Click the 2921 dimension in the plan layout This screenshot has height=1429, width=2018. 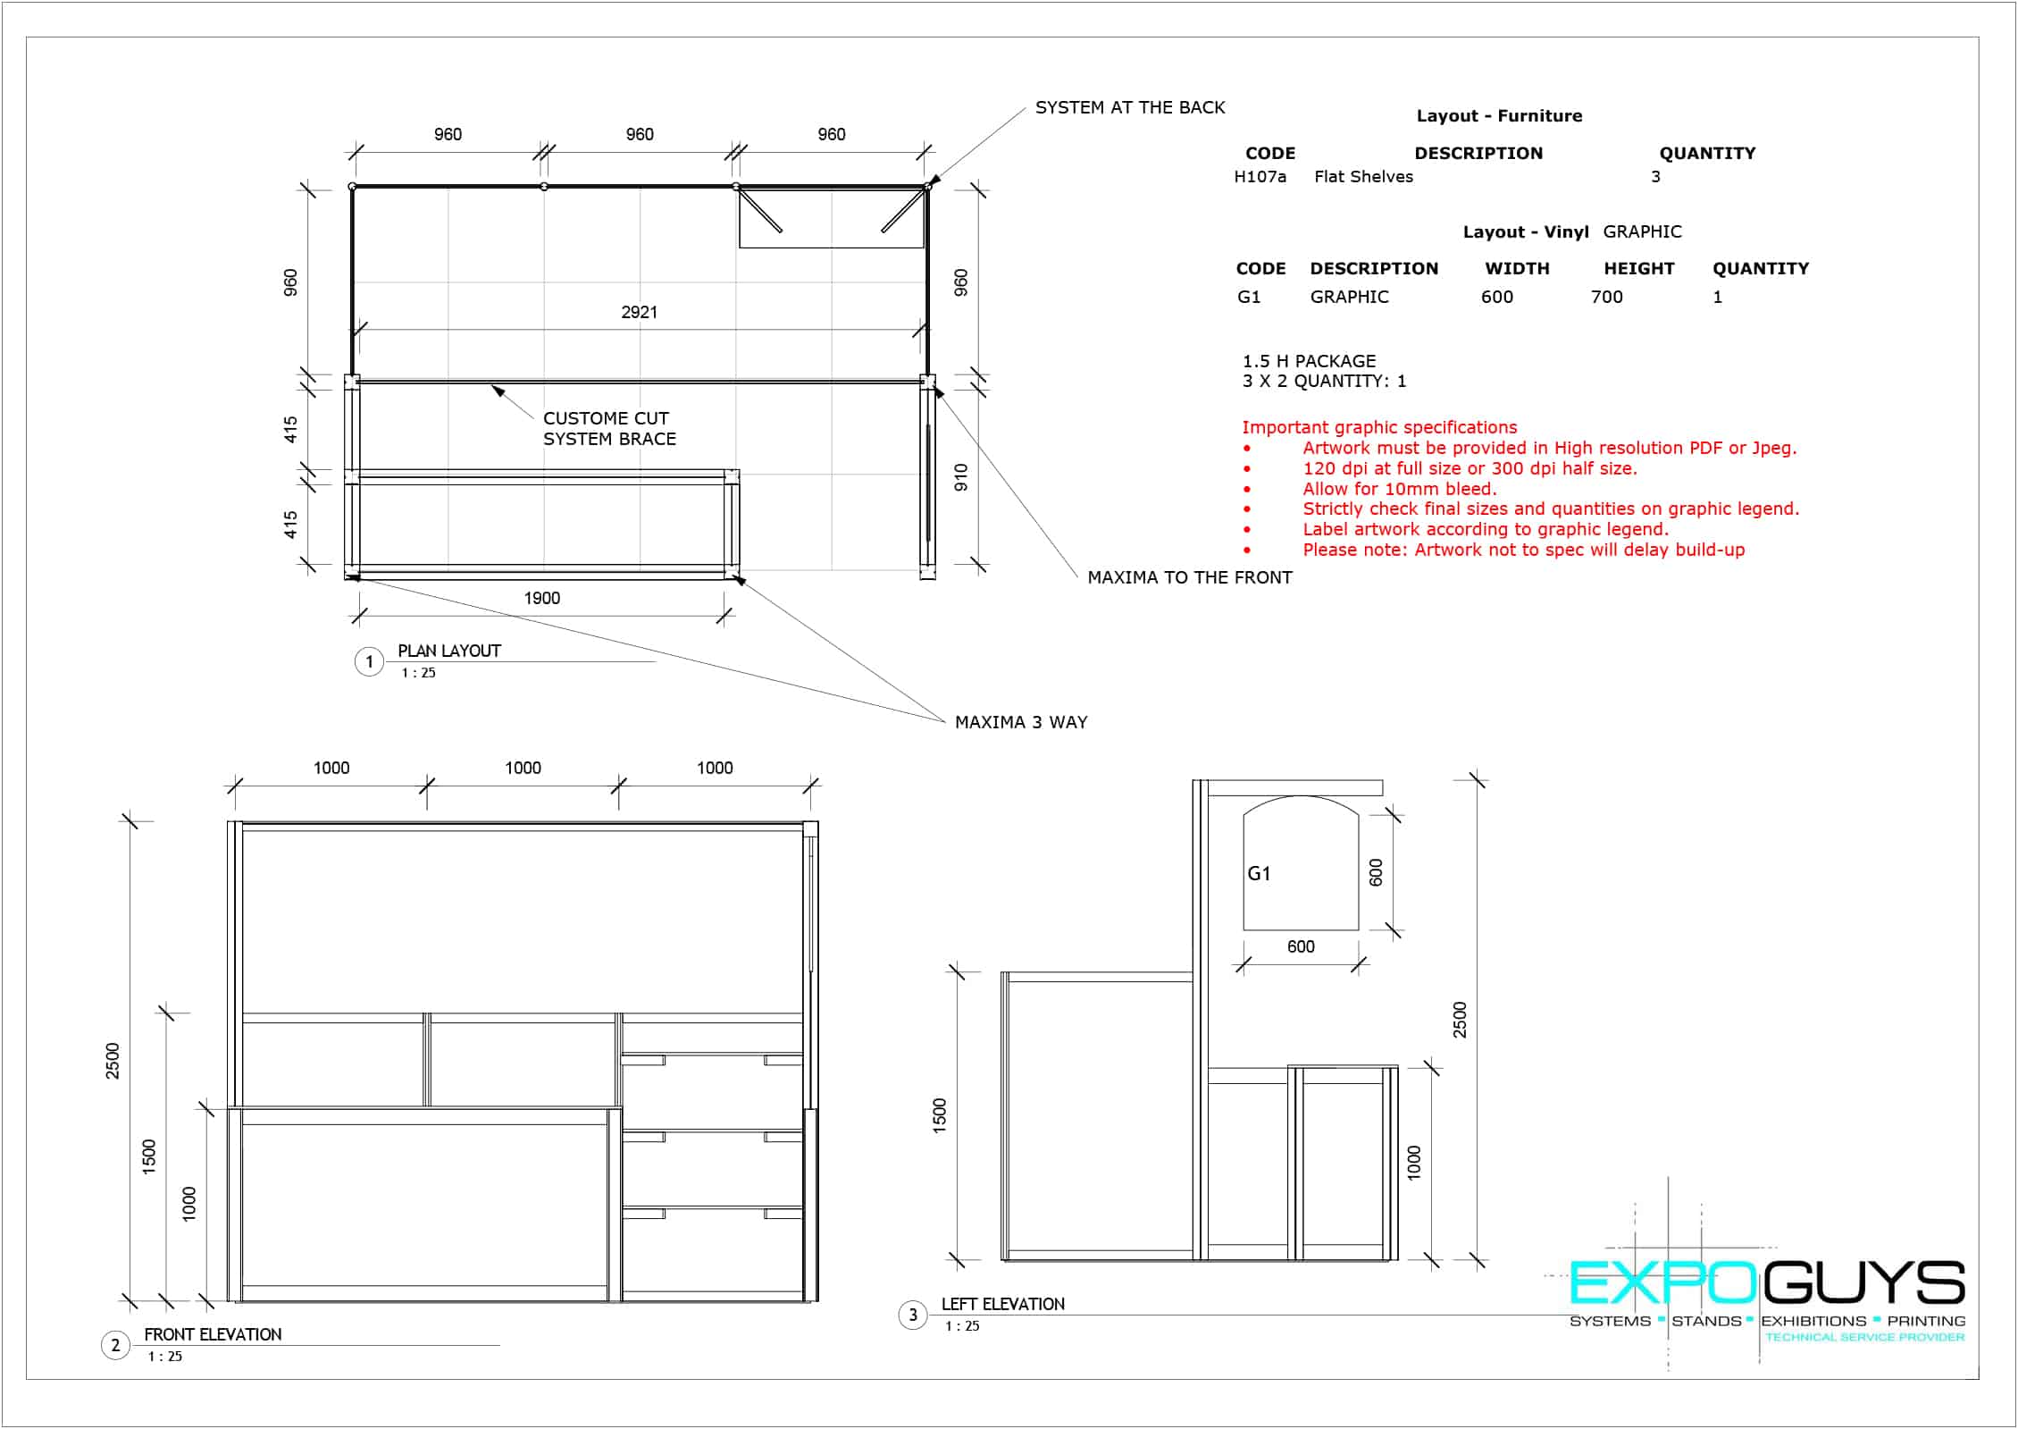click(x=639, y=312)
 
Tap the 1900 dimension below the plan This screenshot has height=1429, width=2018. click(x=542, y=598)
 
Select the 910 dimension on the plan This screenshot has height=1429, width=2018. click(x=961, y=477)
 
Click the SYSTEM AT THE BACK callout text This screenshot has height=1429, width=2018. click(x=1130, y=107)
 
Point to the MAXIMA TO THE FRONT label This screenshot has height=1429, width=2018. click(x=1190, y=577)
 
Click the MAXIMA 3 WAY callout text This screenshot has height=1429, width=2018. click(x=1021, y=722)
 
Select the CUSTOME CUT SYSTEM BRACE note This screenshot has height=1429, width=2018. click(x=610, y=428)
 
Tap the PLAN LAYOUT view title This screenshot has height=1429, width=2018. click(x=449, y=651)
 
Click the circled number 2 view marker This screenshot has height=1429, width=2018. click(x=115, y=1345)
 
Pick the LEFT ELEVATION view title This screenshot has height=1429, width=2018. click(x=1003, y=1304)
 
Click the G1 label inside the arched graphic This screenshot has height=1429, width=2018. click(x=1259, y=873)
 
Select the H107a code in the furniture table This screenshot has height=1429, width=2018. click(x=1260, y=177)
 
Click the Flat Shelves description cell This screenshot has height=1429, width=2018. click(x=1364, y=177)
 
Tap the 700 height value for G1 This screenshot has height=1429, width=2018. click(x=1607, y=297)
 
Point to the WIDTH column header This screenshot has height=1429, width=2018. click(x=1517, y=268)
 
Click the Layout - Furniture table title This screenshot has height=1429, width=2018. click(x=1499, y=116)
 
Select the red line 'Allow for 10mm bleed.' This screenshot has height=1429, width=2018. click(x=1400, y=489)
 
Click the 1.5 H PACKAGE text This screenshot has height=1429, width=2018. click(x=1310, y=361)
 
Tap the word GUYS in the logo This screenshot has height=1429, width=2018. click(x=1863, y=1283)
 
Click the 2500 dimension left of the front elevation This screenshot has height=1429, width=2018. click(x=113, y=1061)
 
